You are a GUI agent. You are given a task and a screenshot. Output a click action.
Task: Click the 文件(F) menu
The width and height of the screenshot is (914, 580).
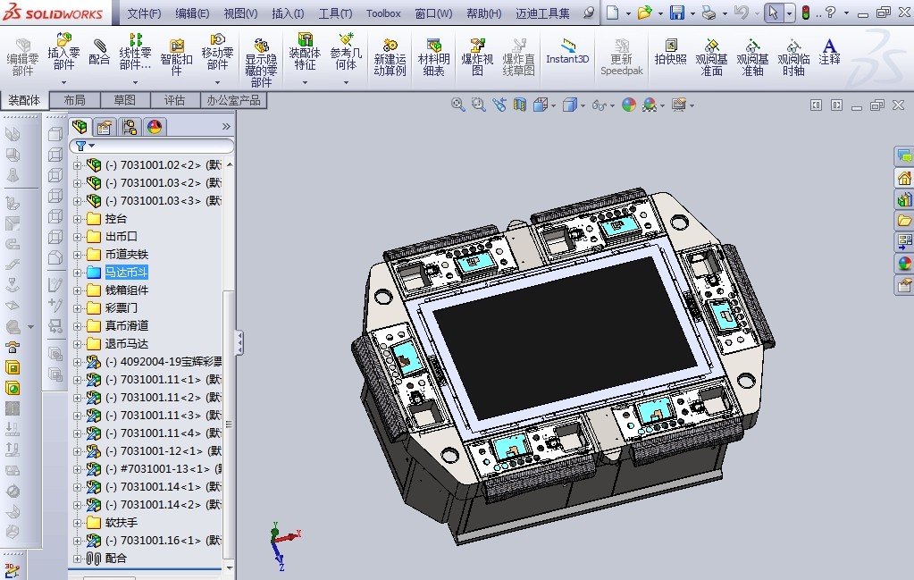[144, 13]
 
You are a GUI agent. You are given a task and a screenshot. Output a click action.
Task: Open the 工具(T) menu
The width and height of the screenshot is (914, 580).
[335, 13]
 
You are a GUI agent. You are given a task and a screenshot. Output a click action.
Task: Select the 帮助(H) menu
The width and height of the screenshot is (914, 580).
[483, 13]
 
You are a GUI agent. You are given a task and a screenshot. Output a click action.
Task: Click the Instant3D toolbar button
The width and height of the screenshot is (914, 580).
[567, 52]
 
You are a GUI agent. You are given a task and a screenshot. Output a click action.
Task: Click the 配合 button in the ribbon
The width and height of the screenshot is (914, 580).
[99, 52]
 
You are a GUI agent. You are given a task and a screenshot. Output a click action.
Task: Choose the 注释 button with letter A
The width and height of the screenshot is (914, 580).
[829, 52]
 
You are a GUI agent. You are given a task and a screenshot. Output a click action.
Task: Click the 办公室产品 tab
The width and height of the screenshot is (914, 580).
[233, 100]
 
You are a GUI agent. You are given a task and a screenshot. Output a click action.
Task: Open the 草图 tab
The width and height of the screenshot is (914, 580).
[124, 100]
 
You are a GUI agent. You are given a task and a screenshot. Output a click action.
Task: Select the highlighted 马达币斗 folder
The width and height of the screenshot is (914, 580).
[126, 273]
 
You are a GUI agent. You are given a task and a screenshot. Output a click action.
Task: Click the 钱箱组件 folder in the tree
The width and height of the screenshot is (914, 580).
[126, 290]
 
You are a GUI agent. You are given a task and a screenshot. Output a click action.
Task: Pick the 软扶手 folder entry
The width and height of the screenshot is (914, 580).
[121, 523]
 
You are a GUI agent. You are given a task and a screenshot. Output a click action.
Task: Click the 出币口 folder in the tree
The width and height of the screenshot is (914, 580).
[121, 237]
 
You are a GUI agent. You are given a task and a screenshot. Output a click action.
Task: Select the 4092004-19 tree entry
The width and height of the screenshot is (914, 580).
[161, 362]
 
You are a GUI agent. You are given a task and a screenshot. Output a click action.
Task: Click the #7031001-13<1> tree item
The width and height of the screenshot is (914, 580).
[161, 469]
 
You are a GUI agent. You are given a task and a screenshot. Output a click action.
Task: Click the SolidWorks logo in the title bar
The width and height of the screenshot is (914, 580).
[55, 13]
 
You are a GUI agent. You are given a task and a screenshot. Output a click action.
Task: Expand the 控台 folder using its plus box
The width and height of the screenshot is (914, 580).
[77, 219]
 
